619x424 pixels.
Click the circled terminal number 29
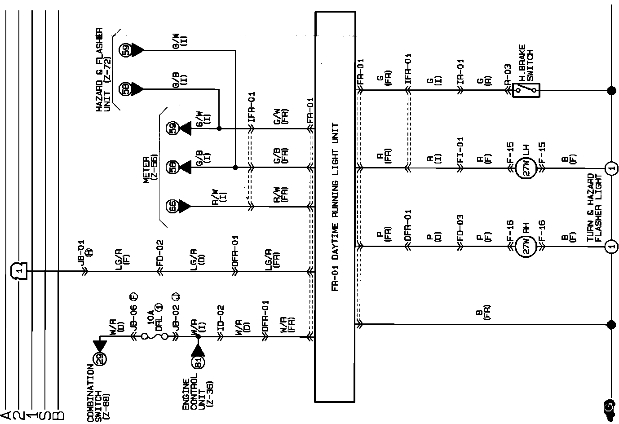pyautogui.click(x=100, y=358)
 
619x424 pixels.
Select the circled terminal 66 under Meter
pyautogui.click(x=172, y=206)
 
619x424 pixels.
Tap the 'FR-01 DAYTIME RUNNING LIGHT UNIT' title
pyautogui.click(x=335, y=208)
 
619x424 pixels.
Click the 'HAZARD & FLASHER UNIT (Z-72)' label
pyautogui.click(x=103, y=70)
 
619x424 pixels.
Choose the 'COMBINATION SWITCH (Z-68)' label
pyautogui.click(x=98, y=393)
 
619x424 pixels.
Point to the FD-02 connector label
pyautogui.click(x=159, y=253)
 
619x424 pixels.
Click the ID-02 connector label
pyautogui.click(x=221, y=318)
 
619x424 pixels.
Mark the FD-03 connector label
pyautogui.click(x=460, y=228)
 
